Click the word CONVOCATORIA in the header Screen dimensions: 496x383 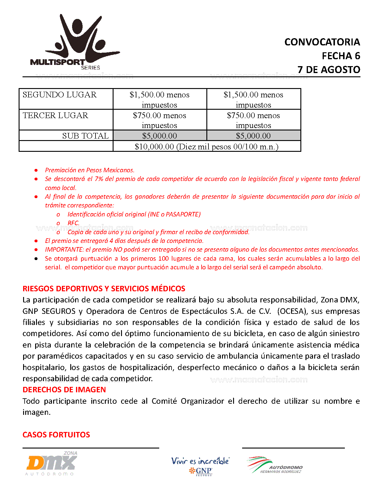322,42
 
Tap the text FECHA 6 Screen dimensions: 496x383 341,56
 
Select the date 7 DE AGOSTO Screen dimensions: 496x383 329,69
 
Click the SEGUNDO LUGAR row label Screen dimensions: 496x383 59,95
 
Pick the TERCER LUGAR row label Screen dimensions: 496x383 56,115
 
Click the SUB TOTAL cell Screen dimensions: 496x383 85,136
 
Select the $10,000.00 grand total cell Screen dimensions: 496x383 207,146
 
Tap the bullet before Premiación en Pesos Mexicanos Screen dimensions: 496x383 36,170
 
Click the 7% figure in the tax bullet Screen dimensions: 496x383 99,179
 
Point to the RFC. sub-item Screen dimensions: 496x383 73,223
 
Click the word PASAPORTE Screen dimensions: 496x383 183,214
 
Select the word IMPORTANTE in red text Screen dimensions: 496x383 64,250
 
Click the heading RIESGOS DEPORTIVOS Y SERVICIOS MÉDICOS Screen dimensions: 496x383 104,289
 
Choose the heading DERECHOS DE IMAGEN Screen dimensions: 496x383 64,390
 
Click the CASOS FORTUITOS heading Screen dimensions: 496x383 56,435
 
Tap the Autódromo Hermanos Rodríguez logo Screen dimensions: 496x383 275,465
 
